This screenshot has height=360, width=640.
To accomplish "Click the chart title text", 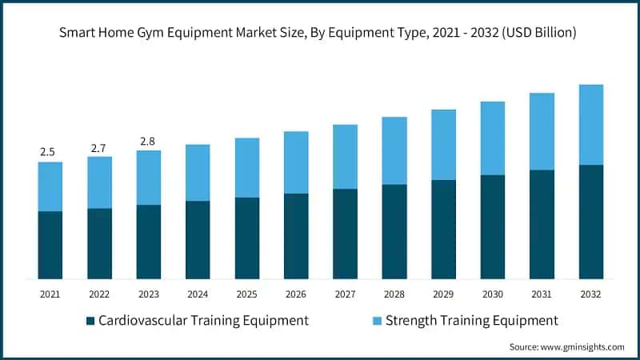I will (x=320, y=34).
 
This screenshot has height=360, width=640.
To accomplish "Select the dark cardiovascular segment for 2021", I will (x=50, y=245).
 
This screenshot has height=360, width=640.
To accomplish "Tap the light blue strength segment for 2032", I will (x=590, y=125).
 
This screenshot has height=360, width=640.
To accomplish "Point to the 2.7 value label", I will (x=99, y=147).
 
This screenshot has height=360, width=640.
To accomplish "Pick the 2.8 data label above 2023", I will (x=148, y=142).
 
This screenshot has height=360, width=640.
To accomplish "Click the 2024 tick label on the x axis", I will (x=198, y=294).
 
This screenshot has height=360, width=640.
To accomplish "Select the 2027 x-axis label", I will (x=345, y=294).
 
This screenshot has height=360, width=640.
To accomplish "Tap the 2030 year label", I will (x=492, y=294).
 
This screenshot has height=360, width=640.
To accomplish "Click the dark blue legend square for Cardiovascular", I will (x=90, y=321).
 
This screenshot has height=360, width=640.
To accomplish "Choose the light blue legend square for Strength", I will (x=376, y=321).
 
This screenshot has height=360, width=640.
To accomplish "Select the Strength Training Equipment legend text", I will (x=471, y=321).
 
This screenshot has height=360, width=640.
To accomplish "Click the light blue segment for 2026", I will (x=296, y=162).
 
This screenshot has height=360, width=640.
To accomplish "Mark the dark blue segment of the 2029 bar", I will (x=443, y=229).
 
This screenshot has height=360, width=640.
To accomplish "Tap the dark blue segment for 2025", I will (x=246, y=238).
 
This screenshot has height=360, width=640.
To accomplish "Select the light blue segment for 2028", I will (x=394, y=150).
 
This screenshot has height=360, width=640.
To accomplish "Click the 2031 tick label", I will (x=542, y=294).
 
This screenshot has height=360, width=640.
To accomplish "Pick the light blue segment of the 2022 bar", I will (x=99, y=182).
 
